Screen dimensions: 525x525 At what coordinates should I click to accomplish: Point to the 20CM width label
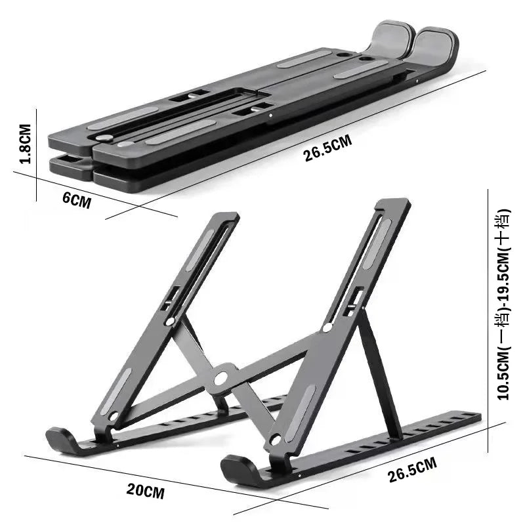[145, 490]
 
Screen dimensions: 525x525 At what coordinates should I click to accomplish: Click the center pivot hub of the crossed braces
[222, 377]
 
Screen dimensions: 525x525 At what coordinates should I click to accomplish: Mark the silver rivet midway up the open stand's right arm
[327, 326]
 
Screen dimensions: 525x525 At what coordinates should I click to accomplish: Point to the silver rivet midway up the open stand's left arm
[170, 322]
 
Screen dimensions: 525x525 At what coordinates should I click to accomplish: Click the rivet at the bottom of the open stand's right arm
[276, 439]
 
